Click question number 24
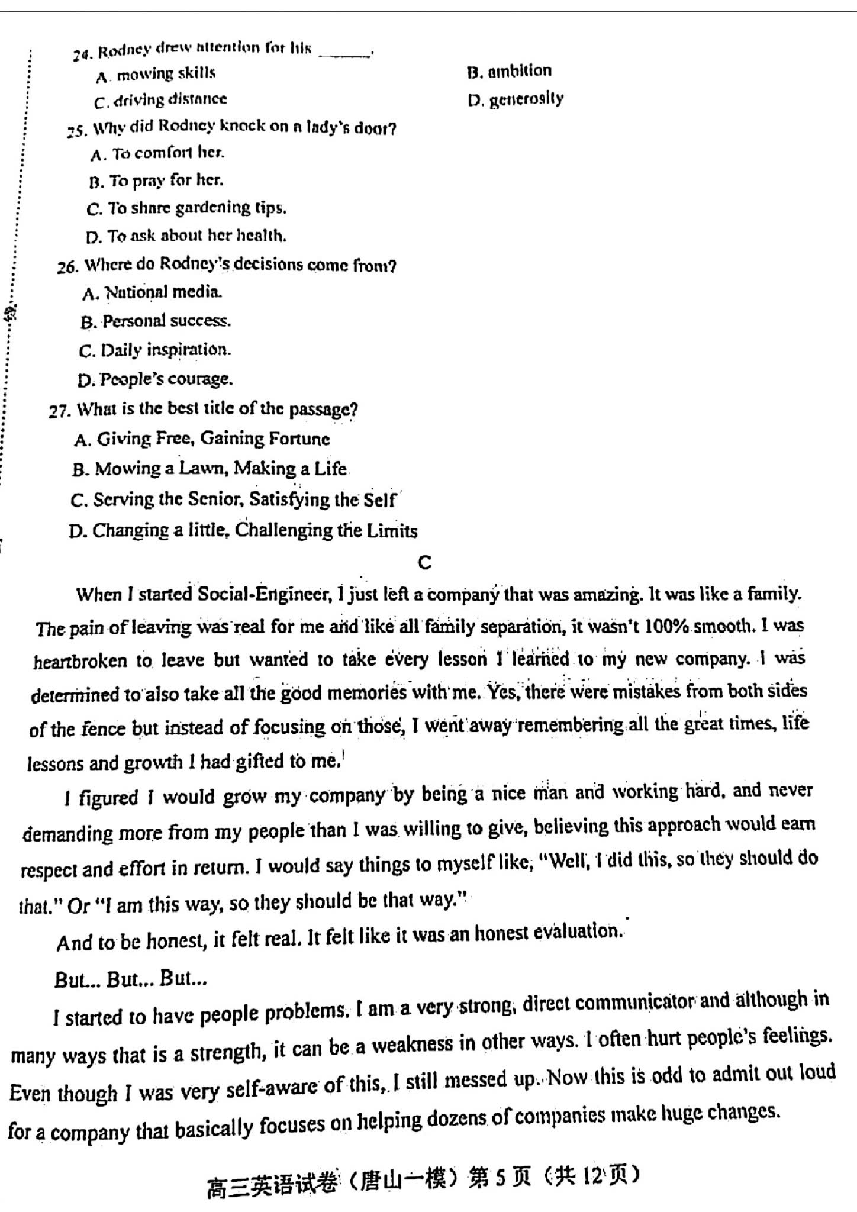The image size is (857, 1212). point(82,54)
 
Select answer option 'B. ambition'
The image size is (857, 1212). point(509,72)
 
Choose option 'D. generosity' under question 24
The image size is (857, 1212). point(515,99)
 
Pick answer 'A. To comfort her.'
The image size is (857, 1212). point(157,154)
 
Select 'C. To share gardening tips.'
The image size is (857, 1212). point(186,208)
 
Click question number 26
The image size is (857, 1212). point(67,267)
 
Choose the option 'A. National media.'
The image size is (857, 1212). point(153,292)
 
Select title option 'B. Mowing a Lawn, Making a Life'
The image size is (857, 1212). point(210,469)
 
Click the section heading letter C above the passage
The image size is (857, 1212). point(424,563)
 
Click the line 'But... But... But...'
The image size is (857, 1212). point(130,979)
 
